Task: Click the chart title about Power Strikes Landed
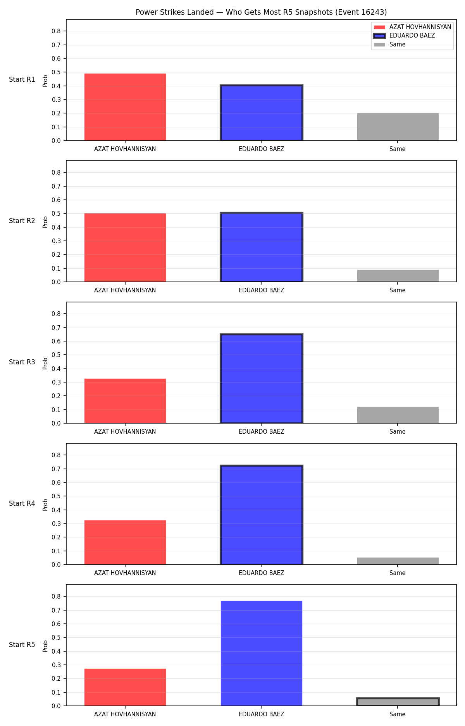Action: coord(261,12)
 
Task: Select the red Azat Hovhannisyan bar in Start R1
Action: coord(125,107)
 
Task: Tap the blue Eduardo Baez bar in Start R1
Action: coord(262,113)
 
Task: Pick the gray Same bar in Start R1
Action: coord(398,127)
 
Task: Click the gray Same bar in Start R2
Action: coord(398,276)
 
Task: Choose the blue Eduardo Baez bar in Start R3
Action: coord(262,379)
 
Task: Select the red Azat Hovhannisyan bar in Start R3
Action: coord(125,401)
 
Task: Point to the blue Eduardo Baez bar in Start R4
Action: coord(262,515)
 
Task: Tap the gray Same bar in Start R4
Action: coord(398,561)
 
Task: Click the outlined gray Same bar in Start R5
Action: coord(398,702)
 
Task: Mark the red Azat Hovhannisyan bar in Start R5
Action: coord(125,687)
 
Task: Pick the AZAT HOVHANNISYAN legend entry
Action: coord(412,27)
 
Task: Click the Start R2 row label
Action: coord(22,221)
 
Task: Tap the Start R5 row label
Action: coord(22,645)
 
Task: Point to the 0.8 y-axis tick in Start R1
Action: coord(57,31)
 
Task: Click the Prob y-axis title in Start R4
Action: coord(45,505)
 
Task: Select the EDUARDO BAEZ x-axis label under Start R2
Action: coord(262,290)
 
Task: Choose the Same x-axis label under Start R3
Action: coord(398,432)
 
